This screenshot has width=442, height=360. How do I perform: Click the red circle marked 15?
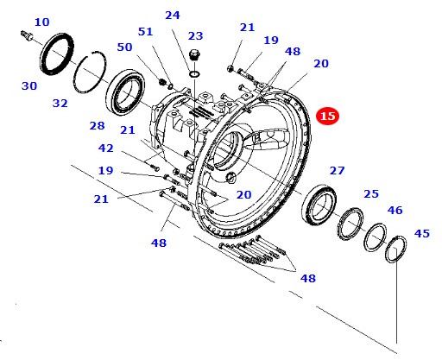[x=327, y=116]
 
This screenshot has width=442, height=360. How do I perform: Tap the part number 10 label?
[x=42, y=22]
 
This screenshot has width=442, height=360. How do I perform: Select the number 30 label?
[x=29, y=86]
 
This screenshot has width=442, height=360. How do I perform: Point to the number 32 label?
[x=60, y=104]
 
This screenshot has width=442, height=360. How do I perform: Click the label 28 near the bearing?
[x=97, y=126]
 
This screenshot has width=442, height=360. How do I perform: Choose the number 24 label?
[x=173, y=16]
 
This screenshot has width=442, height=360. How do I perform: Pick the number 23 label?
[x=196, y=36]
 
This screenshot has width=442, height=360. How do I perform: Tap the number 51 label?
[x=145, y=32]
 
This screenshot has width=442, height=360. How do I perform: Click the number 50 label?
[x=124, y=47]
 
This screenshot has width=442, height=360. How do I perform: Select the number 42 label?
[x=106, y=148]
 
